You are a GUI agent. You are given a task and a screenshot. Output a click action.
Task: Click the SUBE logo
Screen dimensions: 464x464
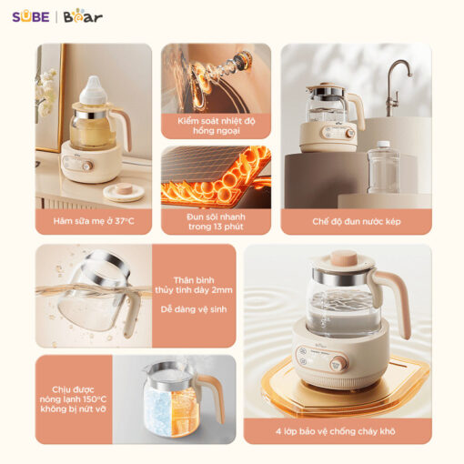tap(31, 16)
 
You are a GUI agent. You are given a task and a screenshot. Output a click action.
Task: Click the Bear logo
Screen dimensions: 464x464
tap(83, 17)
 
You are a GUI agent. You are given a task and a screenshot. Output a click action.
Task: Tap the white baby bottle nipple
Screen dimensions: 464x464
tap(94, 90)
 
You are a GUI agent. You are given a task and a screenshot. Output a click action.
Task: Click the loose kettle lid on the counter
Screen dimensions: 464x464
tap(124, 192)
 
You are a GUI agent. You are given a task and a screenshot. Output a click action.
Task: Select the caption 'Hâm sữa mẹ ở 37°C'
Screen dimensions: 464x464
tap(94, 221)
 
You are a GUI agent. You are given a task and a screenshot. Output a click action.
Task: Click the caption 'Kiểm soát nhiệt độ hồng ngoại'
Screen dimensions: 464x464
tap(217, 126)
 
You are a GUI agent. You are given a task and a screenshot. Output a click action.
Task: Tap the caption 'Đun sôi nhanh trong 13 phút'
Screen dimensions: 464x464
tap(216, 222)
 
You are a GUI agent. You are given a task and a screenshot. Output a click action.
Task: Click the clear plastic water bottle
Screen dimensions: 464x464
tap(383, 167)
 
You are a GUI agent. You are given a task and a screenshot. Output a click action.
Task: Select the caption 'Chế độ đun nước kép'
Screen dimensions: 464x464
tap(357, 221)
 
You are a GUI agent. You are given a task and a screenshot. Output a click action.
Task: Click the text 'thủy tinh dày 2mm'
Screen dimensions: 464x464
tap(194, 290)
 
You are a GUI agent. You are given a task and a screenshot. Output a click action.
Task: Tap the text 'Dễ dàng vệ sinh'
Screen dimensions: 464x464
tap(194, 309)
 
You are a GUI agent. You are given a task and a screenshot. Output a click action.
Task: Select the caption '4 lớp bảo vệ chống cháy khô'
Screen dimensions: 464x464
tap(336, 431)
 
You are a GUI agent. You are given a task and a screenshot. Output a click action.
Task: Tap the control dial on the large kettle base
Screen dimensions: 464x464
tap(338, 364)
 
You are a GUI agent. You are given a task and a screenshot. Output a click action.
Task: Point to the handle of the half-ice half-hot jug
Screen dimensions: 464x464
tap(213, 394)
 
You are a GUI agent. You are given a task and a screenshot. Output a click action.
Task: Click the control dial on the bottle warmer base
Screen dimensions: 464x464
tap(87, 166)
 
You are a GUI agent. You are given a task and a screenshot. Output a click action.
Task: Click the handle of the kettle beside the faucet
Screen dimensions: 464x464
tap(358, 109)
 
